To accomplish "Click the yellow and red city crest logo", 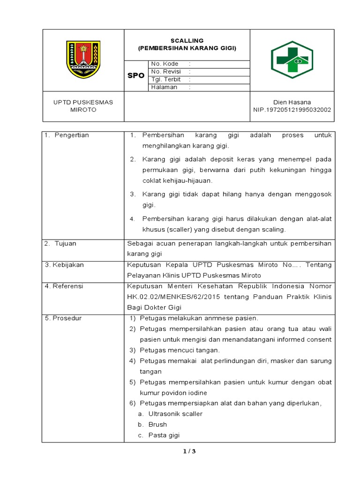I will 83,60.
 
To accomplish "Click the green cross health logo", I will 292,60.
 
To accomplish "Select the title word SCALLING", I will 187,41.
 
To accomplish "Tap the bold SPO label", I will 136,75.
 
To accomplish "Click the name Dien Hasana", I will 292,102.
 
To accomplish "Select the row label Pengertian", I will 71,135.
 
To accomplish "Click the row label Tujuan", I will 65,244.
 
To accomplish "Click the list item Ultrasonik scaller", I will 175,414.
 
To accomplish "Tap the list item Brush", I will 157,424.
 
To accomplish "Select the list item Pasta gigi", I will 164,435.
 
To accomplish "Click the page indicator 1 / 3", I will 189,451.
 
